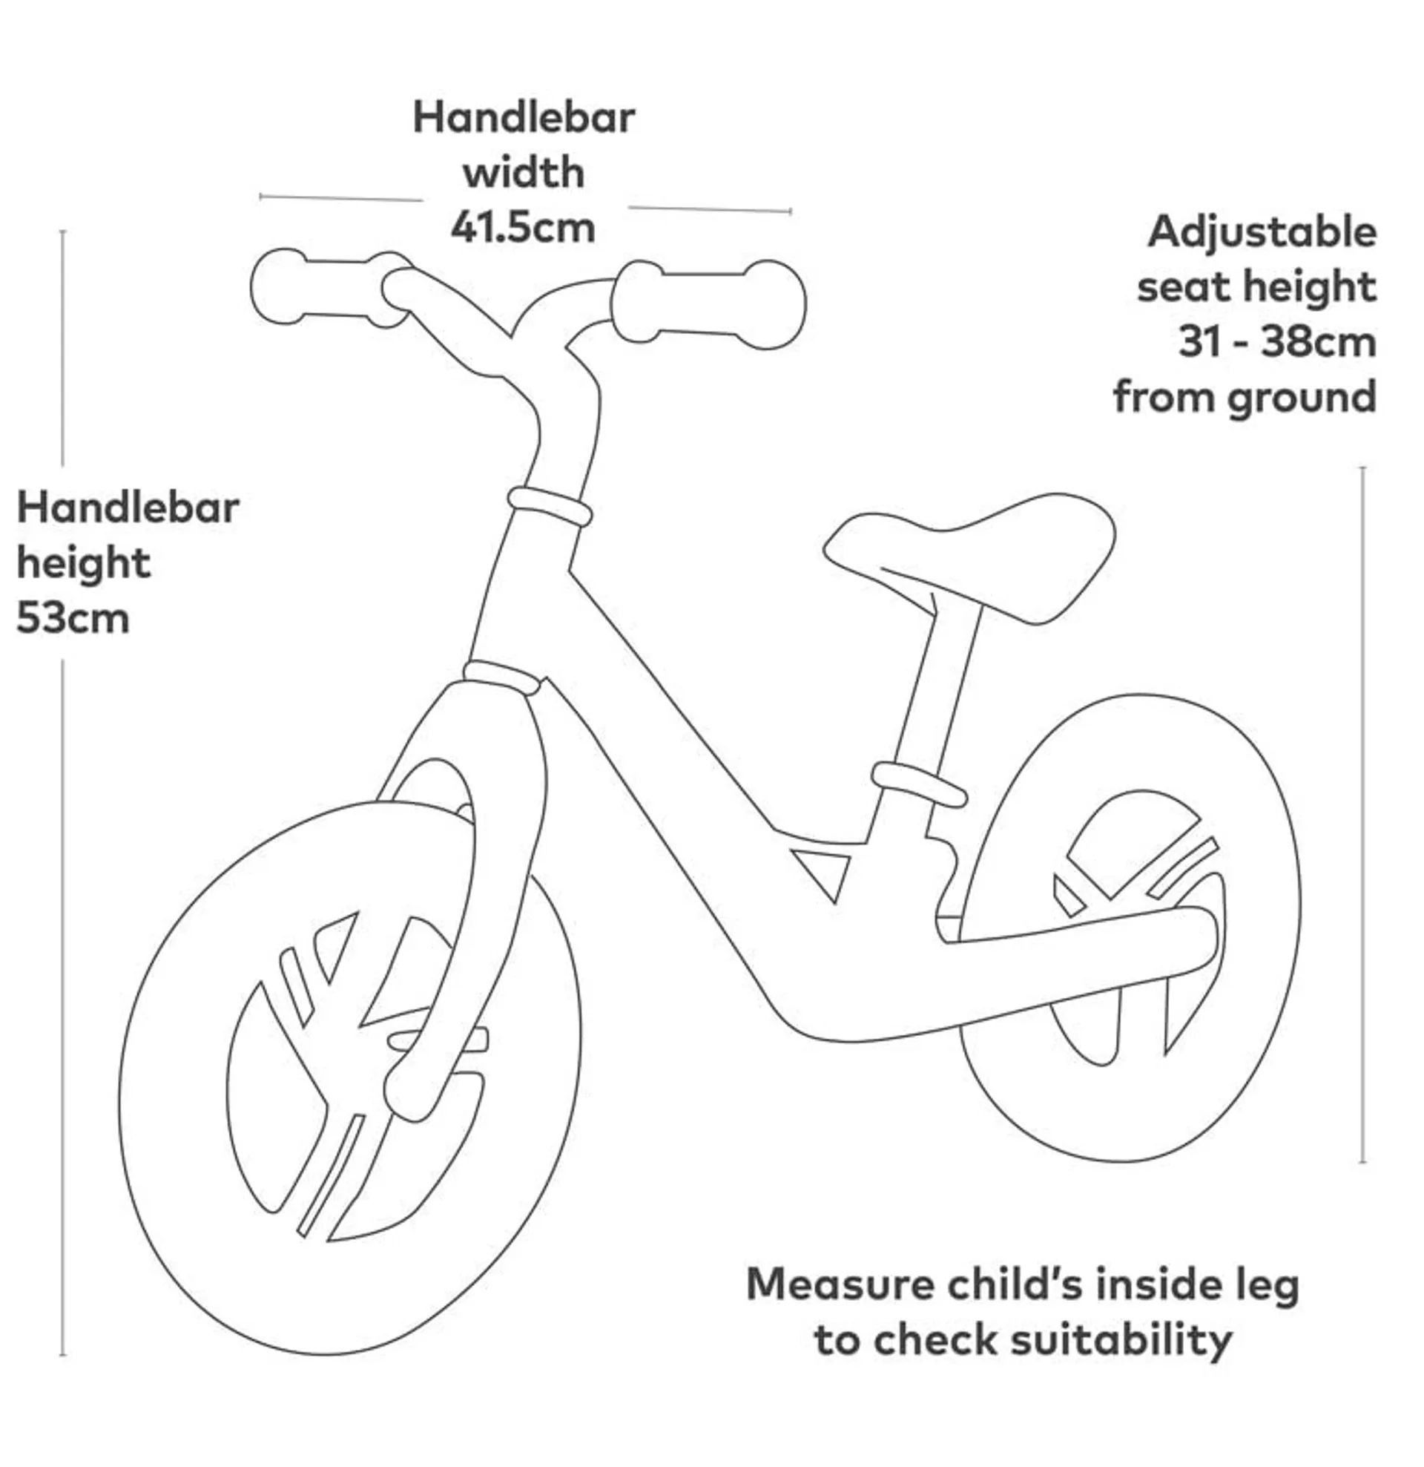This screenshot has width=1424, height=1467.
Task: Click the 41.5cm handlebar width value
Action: (x=522, y=229)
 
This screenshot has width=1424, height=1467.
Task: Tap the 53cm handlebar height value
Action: (x=73, y=619)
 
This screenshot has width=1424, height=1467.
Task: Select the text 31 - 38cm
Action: (x=1277, y=342)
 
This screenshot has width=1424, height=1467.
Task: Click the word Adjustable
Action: (x=1262, y=232)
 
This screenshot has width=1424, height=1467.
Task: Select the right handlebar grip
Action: (x=708, y=303)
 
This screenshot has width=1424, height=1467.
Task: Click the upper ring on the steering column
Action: (x=550, y=506)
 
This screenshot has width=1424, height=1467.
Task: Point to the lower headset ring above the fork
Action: (x=501, y=677)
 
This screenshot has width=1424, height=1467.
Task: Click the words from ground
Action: (x=1245, y=398)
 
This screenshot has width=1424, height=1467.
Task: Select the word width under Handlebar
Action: (x=523, y=173)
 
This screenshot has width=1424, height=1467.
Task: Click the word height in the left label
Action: (x=84, y=564)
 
